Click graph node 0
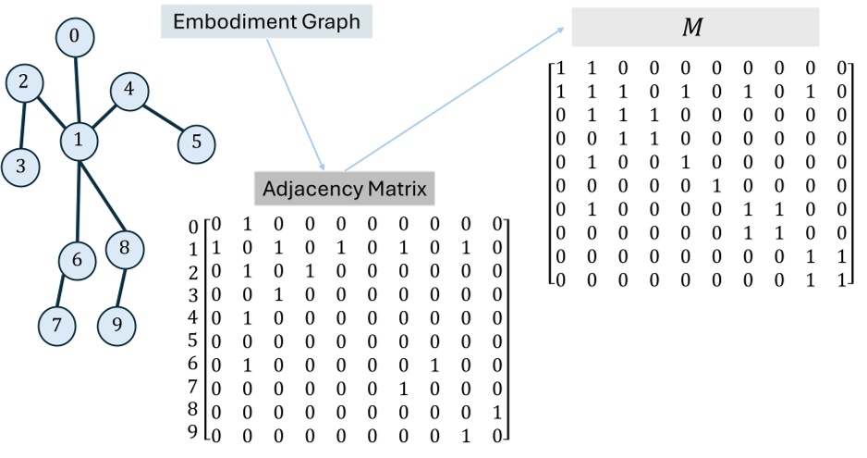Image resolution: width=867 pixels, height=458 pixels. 74,37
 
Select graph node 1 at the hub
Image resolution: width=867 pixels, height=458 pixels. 79,140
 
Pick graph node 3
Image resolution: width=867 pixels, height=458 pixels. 19,167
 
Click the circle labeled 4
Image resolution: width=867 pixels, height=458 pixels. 128,91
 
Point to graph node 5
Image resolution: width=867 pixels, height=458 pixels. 196,143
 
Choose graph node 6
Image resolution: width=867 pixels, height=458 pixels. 77,261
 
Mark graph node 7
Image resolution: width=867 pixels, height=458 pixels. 57,325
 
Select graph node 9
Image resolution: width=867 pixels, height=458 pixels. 116,325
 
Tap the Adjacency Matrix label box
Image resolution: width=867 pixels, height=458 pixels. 345,190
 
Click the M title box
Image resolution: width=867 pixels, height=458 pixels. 695,28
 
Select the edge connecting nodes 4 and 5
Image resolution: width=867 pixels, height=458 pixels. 163,118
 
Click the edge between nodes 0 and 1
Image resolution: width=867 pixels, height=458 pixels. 77,88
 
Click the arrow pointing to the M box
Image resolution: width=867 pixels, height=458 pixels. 453,99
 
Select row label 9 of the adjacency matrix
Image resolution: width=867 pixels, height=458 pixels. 194,432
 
